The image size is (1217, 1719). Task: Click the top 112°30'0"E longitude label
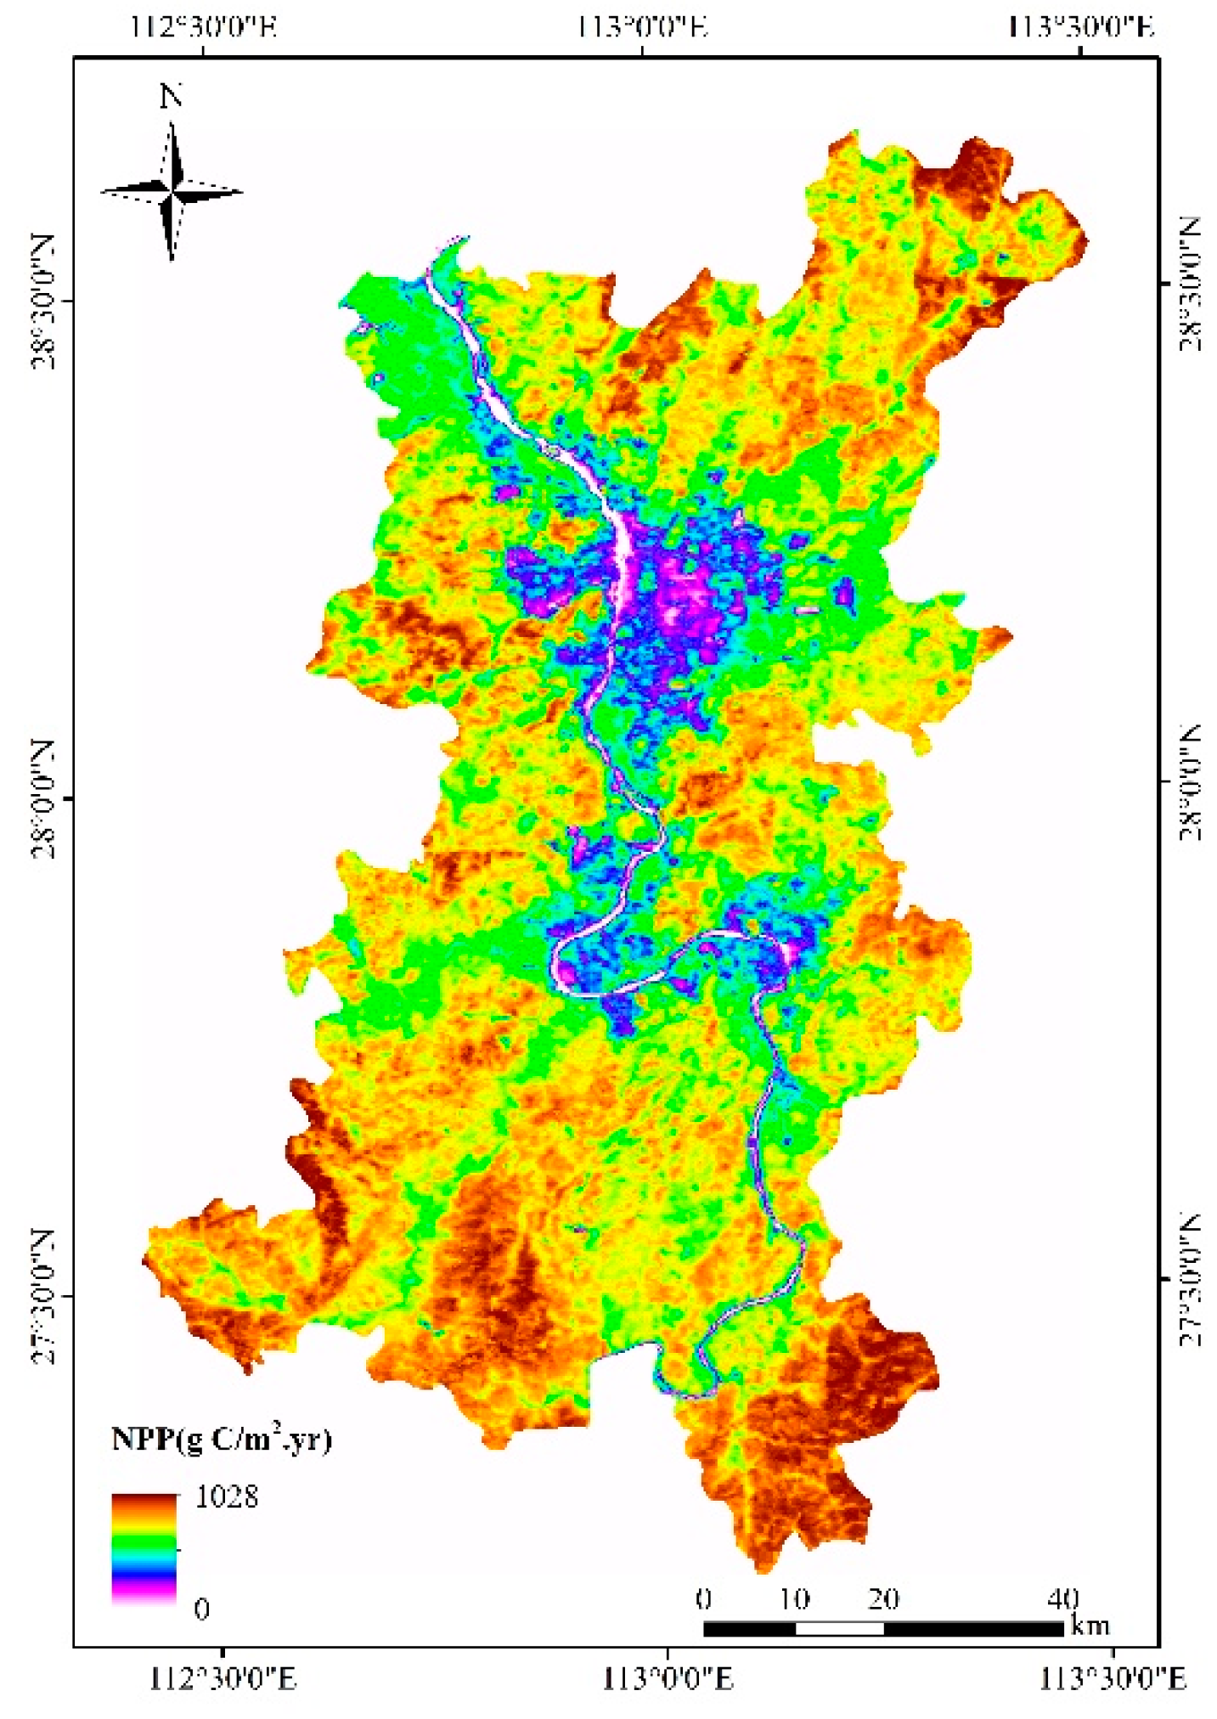[205, 27]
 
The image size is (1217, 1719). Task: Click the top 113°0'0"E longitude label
[643, 27]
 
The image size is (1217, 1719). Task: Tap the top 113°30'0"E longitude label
[1081, 27]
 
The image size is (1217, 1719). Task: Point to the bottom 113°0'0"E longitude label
[668, 1678]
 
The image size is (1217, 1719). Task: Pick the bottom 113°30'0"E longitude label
[1113, 1678]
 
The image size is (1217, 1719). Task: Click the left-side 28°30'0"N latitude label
[44, 302]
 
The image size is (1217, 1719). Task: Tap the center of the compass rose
[172, 192]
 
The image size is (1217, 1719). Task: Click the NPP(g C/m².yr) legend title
[222, 1439]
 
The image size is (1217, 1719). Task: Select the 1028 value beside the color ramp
[226, 1496]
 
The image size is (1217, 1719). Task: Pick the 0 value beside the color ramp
[201, 1608]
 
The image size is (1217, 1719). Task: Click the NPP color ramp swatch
[144, 1548]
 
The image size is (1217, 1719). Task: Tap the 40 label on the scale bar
[1063, 1598]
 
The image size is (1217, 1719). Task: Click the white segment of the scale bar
[839, 1628]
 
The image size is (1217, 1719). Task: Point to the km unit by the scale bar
[1090, 1625]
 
